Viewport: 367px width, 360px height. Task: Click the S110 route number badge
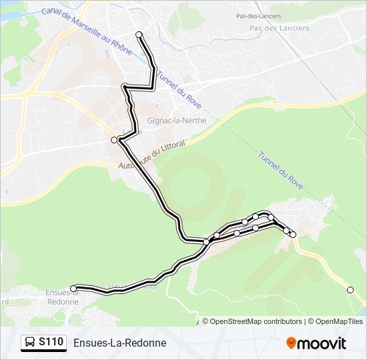click(x=51, y=343)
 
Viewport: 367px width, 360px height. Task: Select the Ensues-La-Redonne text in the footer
click(x=119, y=343)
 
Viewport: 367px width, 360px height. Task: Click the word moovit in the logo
click(x=322, y=343)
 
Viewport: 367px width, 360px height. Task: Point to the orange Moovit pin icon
click(x=291, y=343)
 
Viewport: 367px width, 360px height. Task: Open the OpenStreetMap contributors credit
click(x=256, y=321)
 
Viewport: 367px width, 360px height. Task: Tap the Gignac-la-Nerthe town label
click(x=176, y=121)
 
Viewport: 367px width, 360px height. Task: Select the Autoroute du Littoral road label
click(x=150, y=159)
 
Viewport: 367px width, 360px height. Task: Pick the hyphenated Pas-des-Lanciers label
click(x=258, y=15)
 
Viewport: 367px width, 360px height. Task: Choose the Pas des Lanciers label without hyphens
click(x=279, y=28)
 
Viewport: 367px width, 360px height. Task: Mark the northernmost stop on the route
click(x=139, y=35)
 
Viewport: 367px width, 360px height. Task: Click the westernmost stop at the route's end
click(x=73, y=289)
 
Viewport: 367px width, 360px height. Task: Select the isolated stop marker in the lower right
click(x=350, y=289)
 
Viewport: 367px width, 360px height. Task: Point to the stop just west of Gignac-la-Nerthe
click(x=114, y=140)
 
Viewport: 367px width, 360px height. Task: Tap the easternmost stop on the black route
click(x=292, y=235)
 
